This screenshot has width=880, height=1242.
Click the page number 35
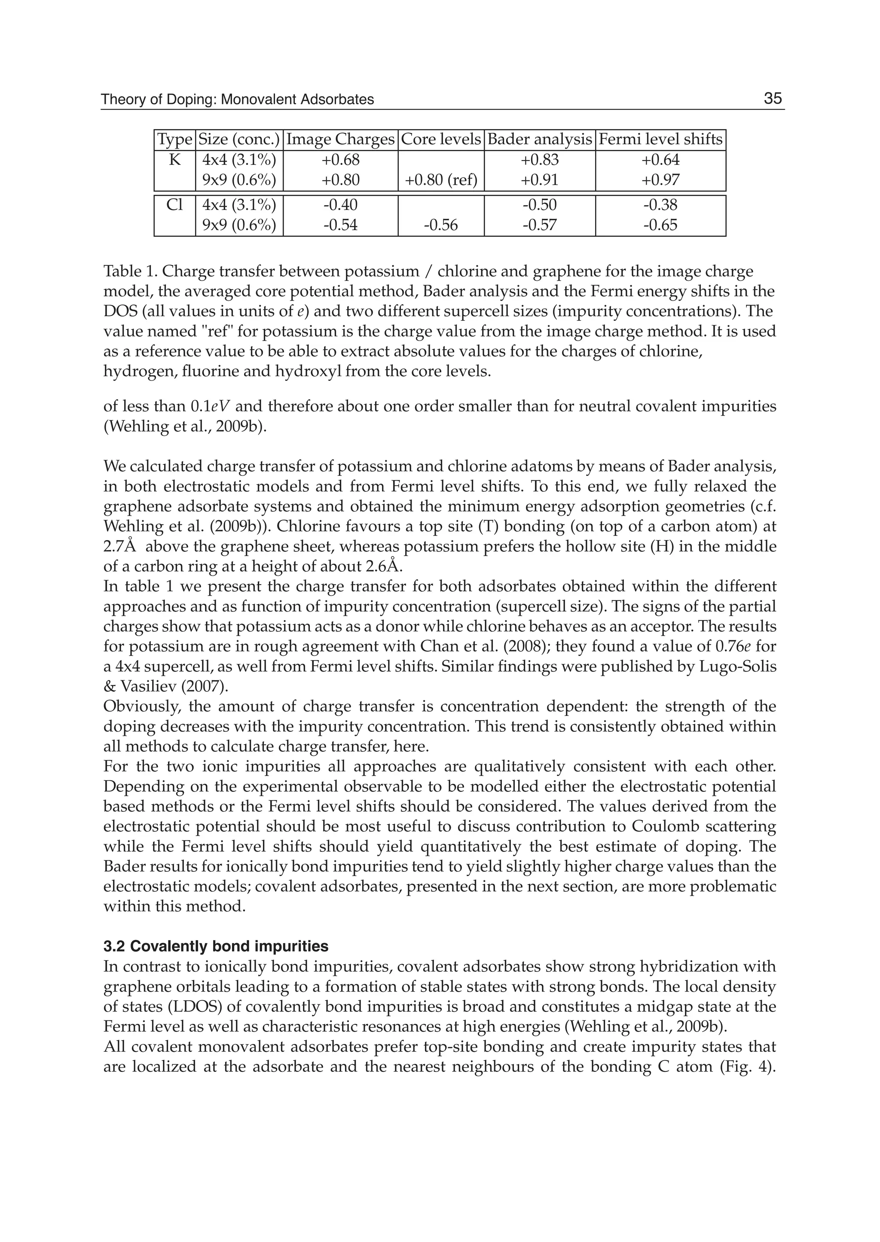click(773, 99)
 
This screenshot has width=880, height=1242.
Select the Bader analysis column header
click(539, 140)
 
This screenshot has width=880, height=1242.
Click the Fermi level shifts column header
click(660, 140)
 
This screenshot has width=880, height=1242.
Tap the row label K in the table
click(174, 160)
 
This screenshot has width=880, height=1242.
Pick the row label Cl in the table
click(174, 205)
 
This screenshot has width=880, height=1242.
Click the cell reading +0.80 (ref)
click(441, 180)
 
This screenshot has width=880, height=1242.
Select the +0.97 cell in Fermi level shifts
click(660, 180)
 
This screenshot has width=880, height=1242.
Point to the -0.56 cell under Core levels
click(441, 225)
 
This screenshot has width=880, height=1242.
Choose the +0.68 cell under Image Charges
click(340, 160)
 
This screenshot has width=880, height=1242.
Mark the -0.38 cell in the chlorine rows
click(660, 205)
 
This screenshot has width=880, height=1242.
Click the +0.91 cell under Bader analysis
click(539, 180)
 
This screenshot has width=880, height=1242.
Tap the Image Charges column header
click(340, 140)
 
